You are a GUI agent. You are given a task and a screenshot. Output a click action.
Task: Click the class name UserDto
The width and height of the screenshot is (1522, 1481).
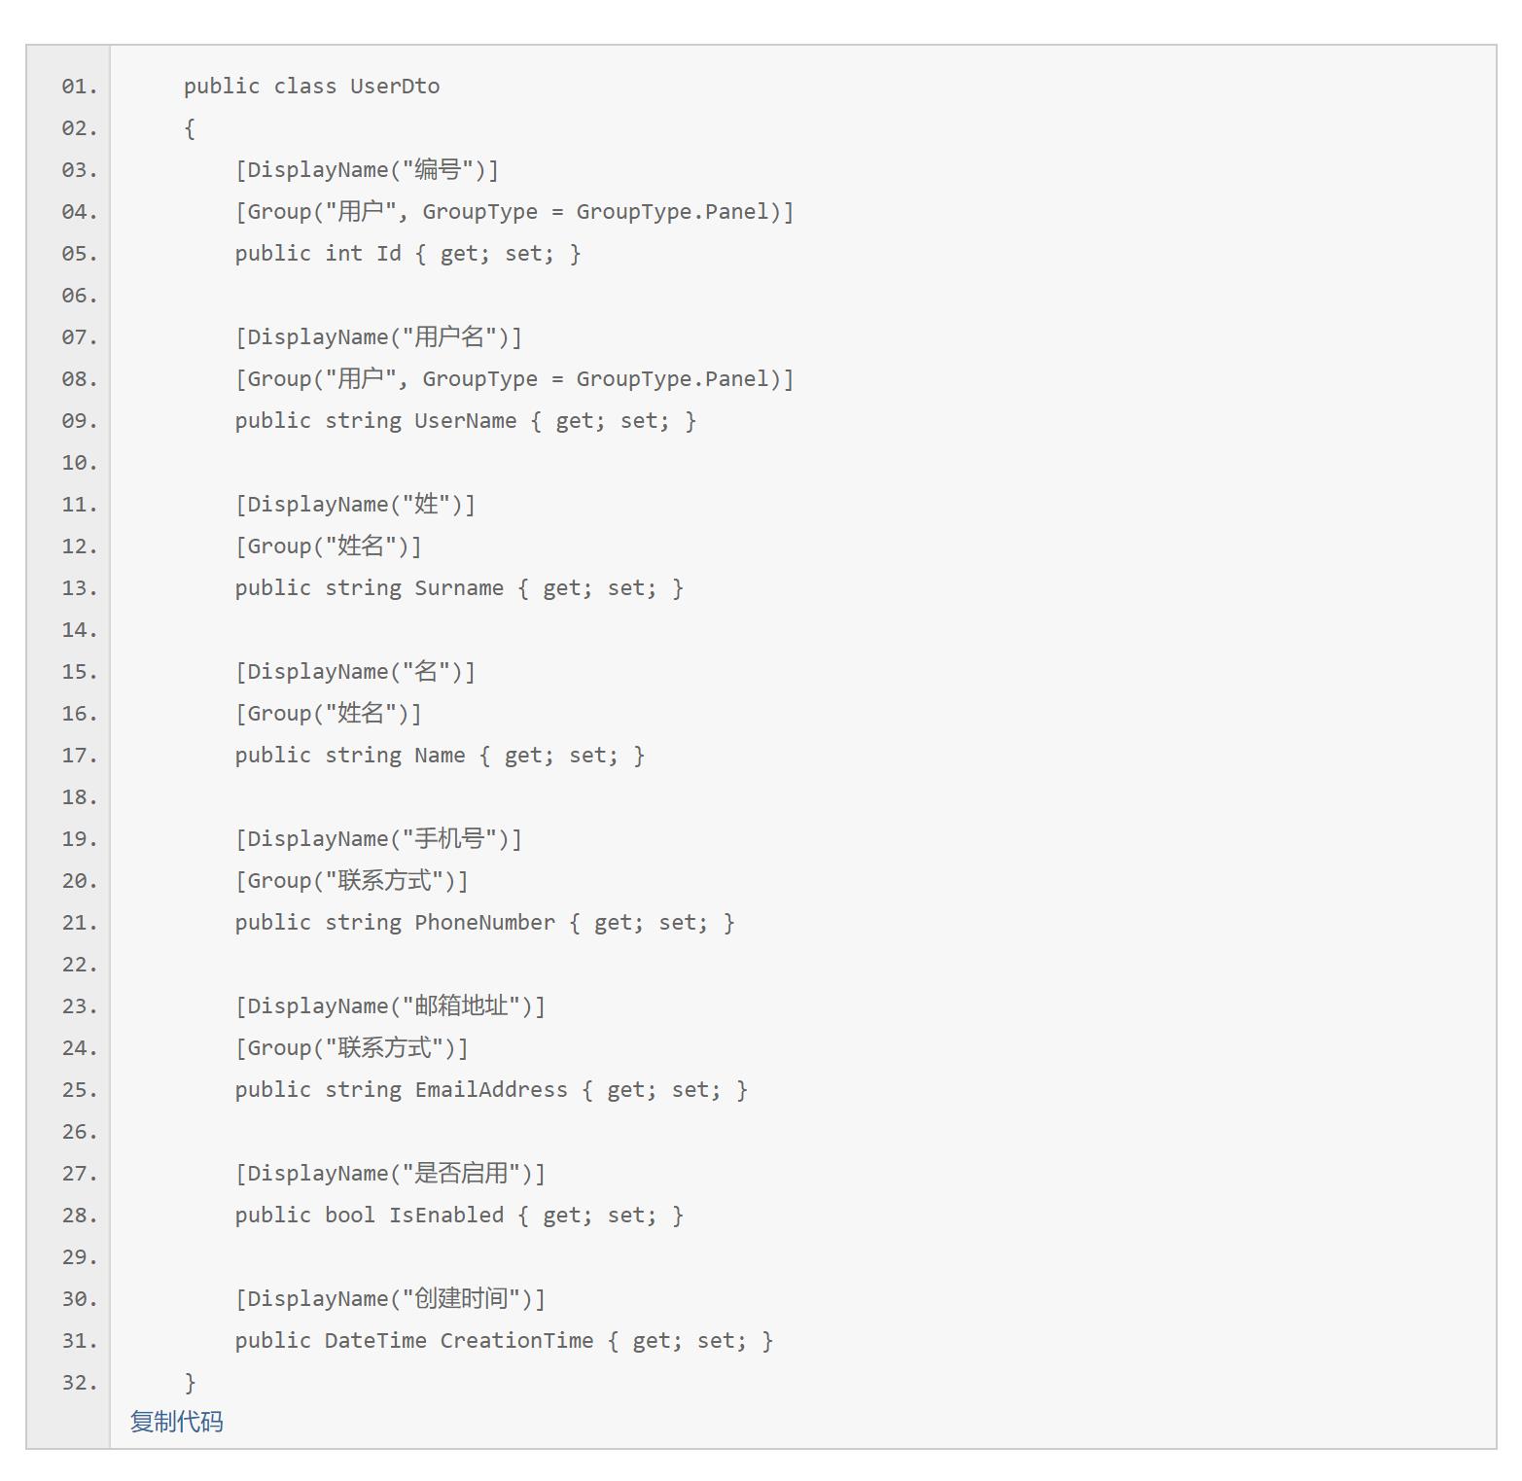pyautogui.click(x=395, y=87)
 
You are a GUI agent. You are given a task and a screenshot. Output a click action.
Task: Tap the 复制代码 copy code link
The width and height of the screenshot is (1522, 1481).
pyautogui.click(x=177, y=1422)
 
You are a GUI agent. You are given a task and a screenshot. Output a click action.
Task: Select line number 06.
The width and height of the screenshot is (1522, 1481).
pyautogui.click(x=79, y=296)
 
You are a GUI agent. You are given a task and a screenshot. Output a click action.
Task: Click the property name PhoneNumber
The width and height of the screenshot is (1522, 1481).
pyautogui.click(x=484, y=923)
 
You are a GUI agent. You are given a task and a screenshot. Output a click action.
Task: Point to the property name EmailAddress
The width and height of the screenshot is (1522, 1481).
pyautogui.click(x=491, y=1090)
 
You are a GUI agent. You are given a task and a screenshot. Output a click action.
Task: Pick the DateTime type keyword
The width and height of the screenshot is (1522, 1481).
pyautogui.click(x=375, y=1341)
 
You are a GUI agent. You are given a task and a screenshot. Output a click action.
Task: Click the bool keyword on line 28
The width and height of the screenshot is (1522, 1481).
pyautogui.click(x=349, y=1216)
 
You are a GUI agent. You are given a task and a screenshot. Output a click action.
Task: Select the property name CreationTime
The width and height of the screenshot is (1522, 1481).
pyautogui.click(x=516, y=1341)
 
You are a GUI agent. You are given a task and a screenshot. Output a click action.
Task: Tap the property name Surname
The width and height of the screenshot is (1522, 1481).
pyautogui.click(x=459, y=588)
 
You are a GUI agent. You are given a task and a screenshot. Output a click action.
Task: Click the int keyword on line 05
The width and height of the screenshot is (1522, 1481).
pyautogui.click(x=343, y=254)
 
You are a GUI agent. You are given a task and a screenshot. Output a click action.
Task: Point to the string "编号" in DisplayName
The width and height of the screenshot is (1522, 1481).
pyautogui.click(x=438, y=170)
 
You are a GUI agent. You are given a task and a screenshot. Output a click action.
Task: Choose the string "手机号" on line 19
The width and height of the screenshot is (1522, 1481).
pyautogui.click(x=449, y=839)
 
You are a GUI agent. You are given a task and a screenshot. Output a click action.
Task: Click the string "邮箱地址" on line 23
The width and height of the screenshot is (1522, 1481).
pyautogui.click(x=461, y=1006)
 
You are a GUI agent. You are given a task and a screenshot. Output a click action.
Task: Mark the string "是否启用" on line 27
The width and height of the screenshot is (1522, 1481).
pyautogui.click(x=461, y=1174)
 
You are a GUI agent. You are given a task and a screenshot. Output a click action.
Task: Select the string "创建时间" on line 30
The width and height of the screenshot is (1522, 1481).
pyautogui.click(x=461, y=1299)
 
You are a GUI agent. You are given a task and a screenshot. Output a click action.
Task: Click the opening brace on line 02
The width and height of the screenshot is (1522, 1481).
pyautogui.click(x=190, y=128)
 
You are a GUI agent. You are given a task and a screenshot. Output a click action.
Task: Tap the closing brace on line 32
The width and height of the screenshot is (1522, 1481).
pyautogui.click(x=190, y=1383)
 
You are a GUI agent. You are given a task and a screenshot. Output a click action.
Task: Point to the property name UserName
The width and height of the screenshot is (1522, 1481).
pyautogui.click(x=465, y=421)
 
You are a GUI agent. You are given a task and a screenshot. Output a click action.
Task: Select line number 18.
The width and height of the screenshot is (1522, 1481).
pyautogui.click(x=79, y=797)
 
